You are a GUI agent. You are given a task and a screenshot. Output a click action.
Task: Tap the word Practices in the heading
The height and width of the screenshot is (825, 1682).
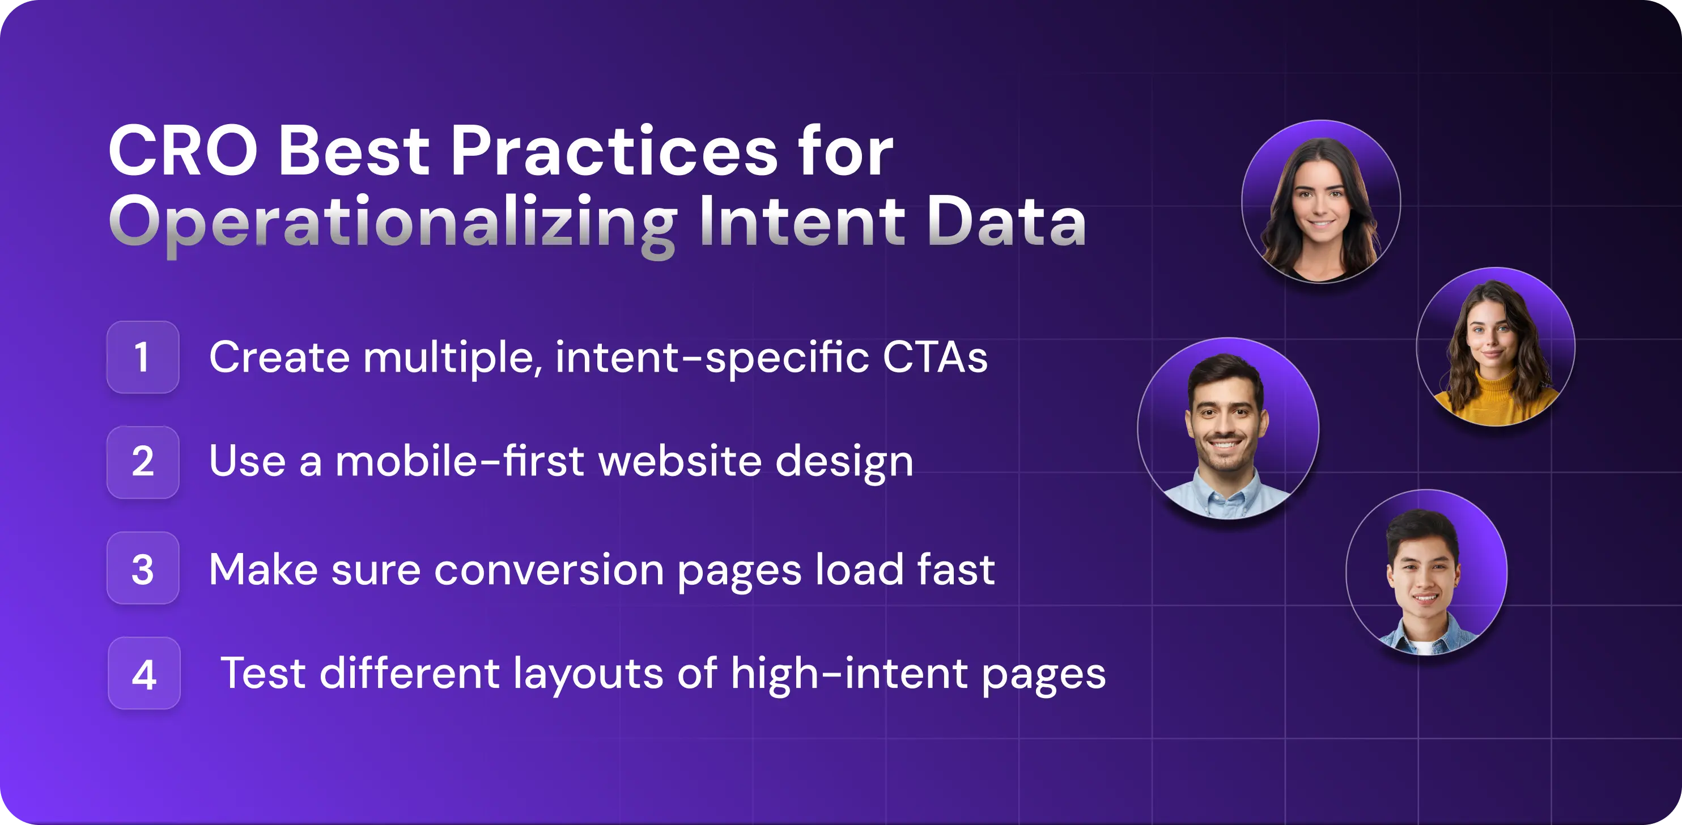tap(614, 151)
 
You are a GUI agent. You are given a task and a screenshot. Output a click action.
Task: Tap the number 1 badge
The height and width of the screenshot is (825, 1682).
tap(142, 357)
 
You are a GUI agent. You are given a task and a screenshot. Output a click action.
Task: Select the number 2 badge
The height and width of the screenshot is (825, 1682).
tap(142, 462)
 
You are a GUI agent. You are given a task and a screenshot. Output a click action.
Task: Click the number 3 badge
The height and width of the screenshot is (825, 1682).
tap(142, 568)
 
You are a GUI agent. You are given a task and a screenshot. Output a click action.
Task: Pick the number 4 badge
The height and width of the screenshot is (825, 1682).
tap(143, 674)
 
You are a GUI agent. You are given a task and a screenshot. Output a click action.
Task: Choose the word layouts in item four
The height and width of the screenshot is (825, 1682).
tap(588, 674)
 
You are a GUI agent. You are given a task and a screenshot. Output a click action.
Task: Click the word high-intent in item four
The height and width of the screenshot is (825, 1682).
tap(849, 674)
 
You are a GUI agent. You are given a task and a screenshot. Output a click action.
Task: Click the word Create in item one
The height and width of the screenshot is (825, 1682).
tap(279, 358)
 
